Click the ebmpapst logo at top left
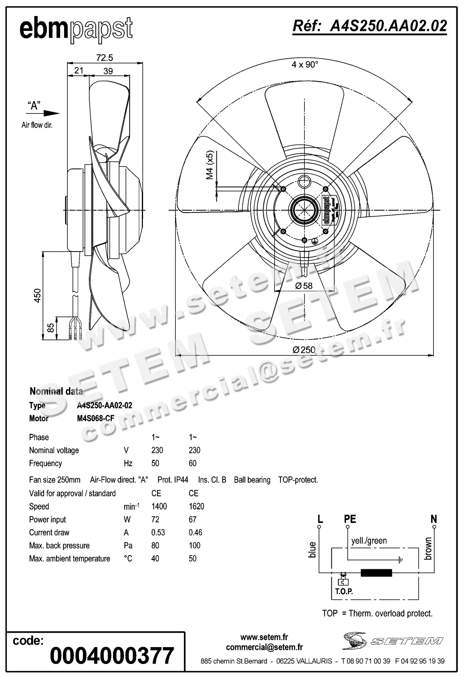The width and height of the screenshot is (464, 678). [x=76, y=29]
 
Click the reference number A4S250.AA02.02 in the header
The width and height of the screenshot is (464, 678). [x=369, y=26]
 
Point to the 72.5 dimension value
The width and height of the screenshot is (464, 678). [x=105, y=58]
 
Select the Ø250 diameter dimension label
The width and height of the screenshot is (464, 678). [x=304, y=349]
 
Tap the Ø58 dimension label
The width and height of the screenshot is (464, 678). [x=303, y=286]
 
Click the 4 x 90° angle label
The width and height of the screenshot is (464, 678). [x=305, y=64]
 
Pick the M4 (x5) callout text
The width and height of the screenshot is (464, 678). [x=210, y=165]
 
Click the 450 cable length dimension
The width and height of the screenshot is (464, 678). [x=37, y=295]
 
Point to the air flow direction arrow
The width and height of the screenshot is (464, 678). [x=51, y=113]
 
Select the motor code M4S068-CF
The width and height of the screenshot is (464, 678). [x=96, y=418]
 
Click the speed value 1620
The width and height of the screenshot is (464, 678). [x=196, y=506]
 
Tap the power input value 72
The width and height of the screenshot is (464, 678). [x=155, y=520]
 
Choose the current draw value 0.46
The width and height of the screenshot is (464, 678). [x=196, y=532]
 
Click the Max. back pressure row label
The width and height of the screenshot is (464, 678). [x=59, y=546]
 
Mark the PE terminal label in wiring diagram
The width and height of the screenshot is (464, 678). [x=350, y=519]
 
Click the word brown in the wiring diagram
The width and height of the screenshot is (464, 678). [x=428, y=548]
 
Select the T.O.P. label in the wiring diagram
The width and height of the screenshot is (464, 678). [x=344, y=591]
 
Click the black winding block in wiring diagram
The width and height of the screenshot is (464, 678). [x=376, y=572]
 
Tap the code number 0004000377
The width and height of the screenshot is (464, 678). [x=112, y=655]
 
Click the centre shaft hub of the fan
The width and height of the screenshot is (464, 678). [x=305, y=209]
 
